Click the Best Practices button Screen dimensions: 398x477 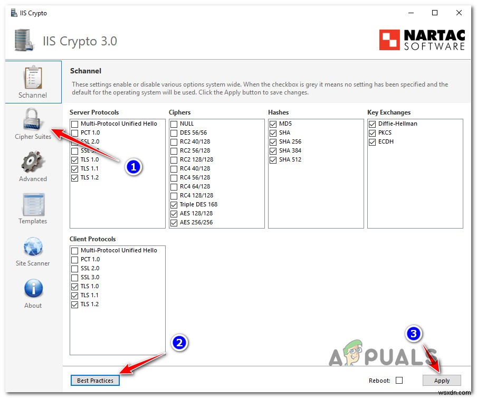click(x=95, y=380)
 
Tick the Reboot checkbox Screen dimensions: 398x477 click(x=399, y=380)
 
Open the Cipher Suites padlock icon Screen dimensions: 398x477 click(x=33, y=119)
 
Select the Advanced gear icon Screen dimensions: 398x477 click(x=33, y=162)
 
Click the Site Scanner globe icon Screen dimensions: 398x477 click(x=33, y=246)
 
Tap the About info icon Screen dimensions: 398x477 click(x=33, y=288)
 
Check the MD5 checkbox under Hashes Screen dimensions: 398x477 click(x=273, y=124)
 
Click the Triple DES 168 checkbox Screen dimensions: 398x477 click(x=174, y=204)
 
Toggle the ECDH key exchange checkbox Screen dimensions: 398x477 click(x=372, y=141)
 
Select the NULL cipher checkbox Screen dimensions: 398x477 click(x=174, y=124)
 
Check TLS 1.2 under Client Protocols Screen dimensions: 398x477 click(x=74, y=304)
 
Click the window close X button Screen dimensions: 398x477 click(x=459, y=13)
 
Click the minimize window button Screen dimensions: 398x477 click(x=411, y=13)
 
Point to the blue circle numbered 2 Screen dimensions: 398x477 click(x=179, y=343)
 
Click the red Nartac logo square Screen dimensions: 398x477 click(x=389, y=40)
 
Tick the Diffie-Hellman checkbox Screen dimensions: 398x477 click(x=372, y=124)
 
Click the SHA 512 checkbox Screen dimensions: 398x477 click(x=273, y=159)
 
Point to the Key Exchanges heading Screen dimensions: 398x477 click(x=389, y=112)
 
